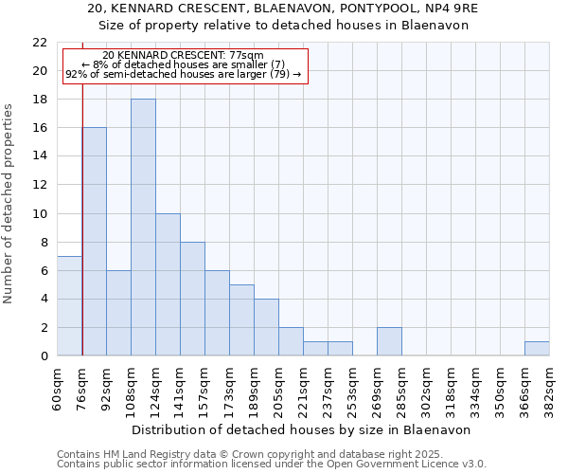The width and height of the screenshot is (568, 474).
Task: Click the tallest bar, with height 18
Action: tap(143, 228)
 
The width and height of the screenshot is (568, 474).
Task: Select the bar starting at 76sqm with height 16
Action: tap(94, 242)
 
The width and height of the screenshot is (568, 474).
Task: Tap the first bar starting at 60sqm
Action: tap(69, 305)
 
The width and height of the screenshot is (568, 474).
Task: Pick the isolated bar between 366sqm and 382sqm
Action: tap(537, 349)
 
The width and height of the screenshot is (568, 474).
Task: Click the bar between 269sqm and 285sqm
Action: tap(389, 341)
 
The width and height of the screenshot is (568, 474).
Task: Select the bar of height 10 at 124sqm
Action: tap(168, 284)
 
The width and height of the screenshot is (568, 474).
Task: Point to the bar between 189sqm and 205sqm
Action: tap(266, 327)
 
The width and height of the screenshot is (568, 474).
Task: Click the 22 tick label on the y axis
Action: tap(39, 43)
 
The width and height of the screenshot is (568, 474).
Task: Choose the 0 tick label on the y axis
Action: tap(43, 356)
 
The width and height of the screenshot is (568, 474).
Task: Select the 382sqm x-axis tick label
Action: tap(550, 387)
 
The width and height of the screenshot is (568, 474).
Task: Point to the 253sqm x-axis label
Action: tap(353, 387)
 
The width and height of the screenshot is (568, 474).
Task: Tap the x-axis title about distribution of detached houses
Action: tap(303, 429)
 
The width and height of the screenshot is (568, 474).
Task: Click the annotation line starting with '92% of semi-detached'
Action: tap(183, 74)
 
